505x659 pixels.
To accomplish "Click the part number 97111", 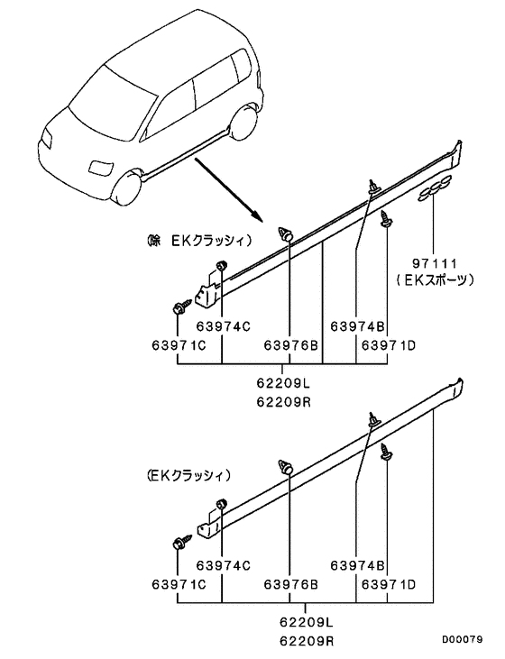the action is click(434, 263).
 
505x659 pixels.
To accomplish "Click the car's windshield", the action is click(109, 101).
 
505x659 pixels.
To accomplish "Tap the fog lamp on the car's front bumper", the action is click(100, 167).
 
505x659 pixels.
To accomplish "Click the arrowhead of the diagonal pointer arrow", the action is click(257, 217).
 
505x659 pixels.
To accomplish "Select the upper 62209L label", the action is click(283, 383).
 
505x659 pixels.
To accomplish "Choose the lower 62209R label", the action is click(306, 640).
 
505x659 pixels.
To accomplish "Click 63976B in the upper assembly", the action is click(291, 345).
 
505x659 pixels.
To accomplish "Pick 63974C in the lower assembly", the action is click(224, 565).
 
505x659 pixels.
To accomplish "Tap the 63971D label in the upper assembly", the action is click(389, 345).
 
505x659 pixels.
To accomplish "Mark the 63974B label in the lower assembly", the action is click(357, 565).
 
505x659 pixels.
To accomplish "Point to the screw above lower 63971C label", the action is click(181, 541).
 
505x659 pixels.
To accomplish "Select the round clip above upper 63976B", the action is click(287, 233).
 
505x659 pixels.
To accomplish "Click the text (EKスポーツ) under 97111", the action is click(435, 280).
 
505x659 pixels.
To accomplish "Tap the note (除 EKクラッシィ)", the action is click(199, 242).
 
